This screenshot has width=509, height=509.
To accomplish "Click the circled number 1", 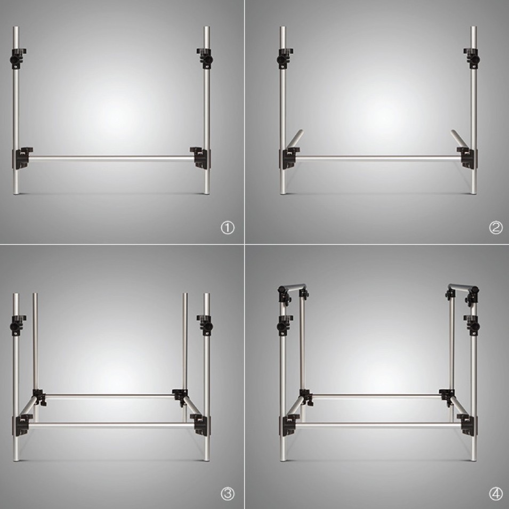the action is coord(228,228).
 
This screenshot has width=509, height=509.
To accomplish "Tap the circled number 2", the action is coord(496,228).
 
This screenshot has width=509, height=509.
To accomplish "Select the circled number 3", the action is coord(228,494).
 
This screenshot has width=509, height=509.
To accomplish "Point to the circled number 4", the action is coord(496,494).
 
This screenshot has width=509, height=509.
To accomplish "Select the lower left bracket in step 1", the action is coord(22,158).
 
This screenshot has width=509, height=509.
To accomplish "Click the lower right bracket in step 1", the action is coord(200,158).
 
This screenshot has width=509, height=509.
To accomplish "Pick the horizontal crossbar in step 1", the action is coord(111,159).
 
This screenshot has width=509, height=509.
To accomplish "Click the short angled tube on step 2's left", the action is coord(295,140).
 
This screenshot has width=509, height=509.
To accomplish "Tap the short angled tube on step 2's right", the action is coord(459,140).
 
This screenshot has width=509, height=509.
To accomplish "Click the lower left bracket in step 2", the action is coord(289,158).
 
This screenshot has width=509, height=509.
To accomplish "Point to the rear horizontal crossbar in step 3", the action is coord(109,396).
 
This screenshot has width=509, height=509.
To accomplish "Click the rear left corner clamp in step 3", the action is coord(38,397).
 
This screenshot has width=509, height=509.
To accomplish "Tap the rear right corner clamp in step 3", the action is coord(180,397).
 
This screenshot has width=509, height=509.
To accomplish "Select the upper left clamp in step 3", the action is coord(18,325).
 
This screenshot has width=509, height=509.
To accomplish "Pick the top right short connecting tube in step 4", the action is coord(462,287).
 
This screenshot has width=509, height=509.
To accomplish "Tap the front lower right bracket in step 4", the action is coord(467,425).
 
